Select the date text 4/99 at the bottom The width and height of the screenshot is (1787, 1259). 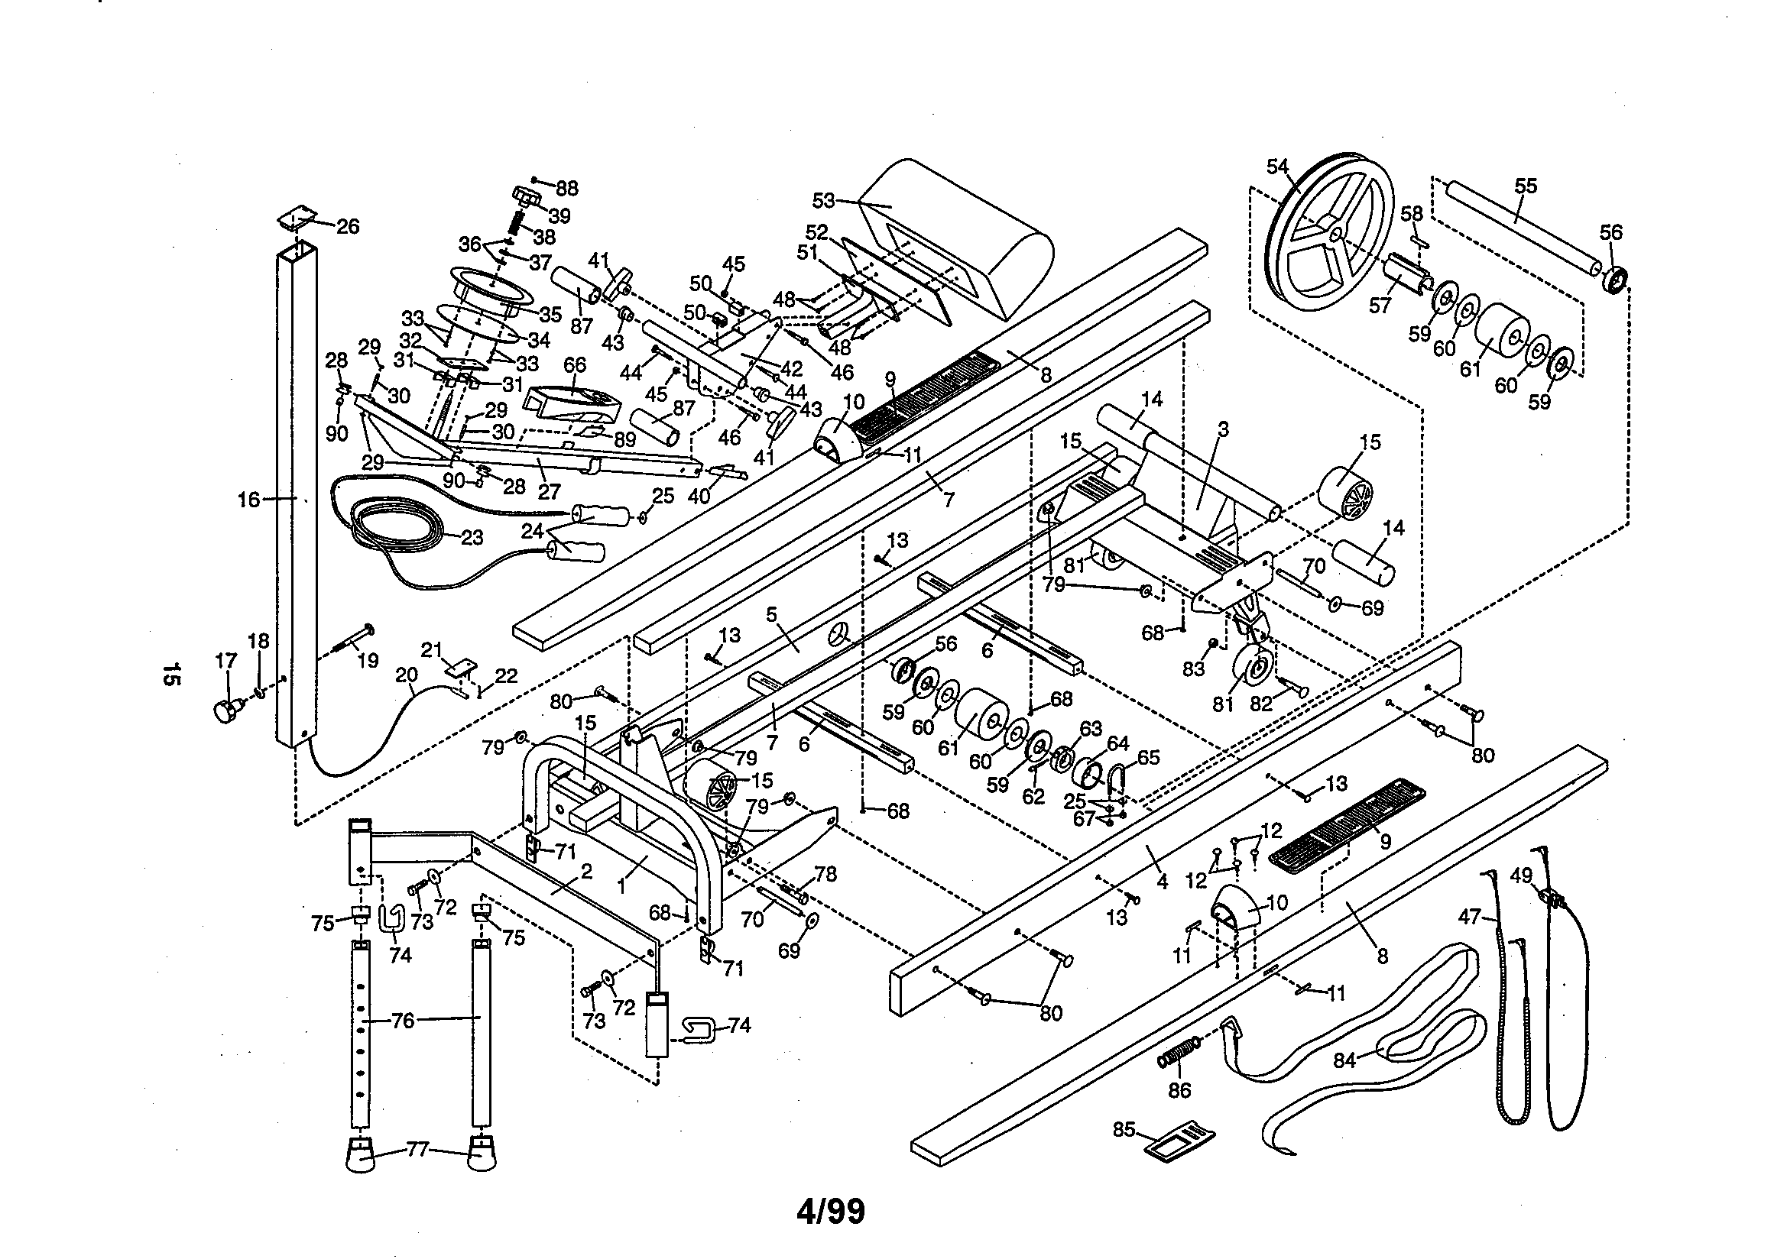(x=831, y=1212)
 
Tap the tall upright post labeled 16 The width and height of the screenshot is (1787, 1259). (x=297, y=498)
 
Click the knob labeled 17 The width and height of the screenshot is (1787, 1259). (x=225, y=710)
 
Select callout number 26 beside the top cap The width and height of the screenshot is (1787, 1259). (x=348, y=226)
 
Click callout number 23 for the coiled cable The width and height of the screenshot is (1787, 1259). (x=472, y=538)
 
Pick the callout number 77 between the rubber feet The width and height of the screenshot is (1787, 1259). (x=418, y=1148)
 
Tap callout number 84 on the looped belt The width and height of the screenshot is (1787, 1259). (x=1345, y=1060)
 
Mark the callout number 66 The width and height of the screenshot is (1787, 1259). (x=575, y=365)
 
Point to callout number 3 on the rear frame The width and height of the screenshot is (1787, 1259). (x=1223, y=429)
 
